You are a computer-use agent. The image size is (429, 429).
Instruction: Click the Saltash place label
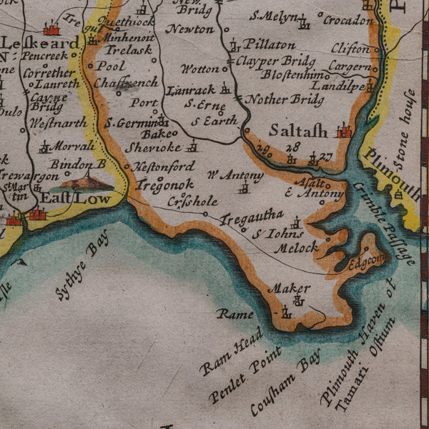[298, 131]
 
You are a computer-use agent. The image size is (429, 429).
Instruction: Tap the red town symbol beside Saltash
[346, 130]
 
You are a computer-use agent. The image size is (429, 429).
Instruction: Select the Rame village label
[235, 314]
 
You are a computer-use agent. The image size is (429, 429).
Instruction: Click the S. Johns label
[280, 233]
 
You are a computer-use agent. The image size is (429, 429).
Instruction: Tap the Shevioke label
[153, 148]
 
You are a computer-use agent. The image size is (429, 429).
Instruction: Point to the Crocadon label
[347, 20]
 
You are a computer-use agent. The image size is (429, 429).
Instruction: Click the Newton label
[189, 29]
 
